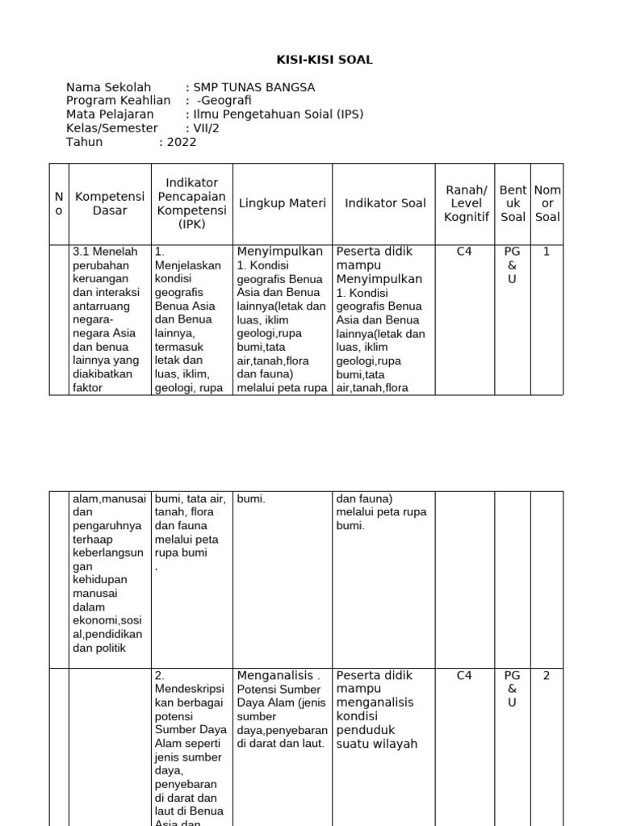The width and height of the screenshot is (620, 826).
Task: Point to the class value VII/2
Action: [202, 128]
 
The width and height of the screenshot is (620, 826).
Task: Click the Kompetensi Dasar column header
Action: [110, 203]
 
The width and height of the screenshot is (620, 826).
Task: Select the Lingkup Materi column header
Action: [283, 203]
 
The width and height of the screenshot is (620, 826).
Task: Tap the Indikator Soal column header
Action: [385, 203]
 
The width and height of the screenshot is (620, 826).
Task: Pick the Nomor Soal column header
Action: [547, 203]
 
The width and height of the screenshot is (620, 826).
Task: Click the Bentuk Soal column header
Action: [513, 203]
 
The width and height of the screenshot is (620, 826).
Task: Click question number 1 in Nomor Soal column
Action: [547, 252]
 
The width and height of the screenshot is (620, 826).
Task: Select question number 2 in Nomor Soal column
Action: [547, 676]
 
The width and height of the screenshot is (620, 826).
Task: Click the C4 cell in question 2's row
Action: [464, 676]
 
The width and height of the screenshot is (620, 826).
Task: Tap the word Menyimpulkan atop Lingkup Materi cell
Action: [279, 252]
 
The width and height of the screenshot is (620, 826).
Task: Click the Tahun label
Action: [84, 142]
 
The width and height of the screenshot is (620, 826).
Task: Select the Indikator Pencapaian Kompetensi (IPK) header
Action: [192, 203]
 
